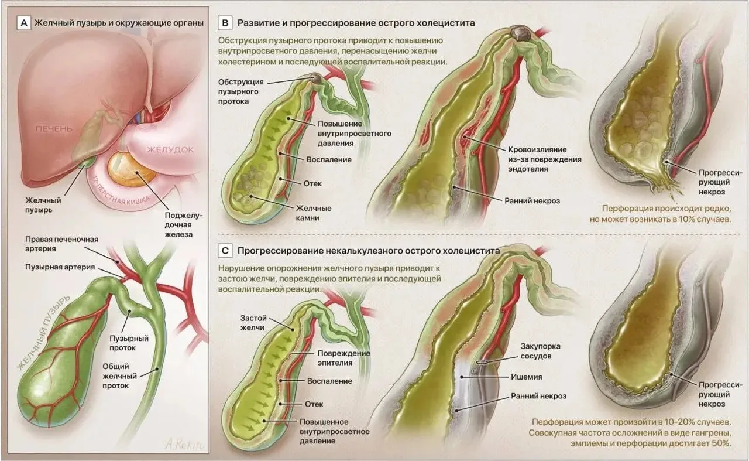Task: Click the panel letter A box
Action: pyautogui.click(x=24, y=23)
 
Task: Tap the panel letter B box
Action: pyautogui.click(x=225, y=23)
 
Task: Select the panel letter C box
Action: pyautogui.click(x=225, y=251)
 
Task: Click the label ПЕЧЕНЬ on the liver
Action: pyautogui.click(x=54, y=129)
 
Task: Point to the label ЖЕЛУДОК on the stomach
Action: pyautogui.click(x=170, y=149)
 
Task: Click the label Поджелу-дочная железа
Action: pyautogui.click(x=184, y=224)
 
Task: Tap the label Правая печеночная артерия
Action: pyautogui.click(x=61, y=244)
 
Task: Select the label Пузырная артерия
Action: pyautogui.click(x=60, y=267)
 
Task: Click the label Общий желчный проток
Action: pyautogui.click(x=120, y=376)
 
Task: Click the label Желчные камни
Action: pyautogui.click(x=313, y=213)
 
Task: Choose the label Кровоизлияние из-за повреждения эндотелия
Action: pyautogui.click(x=545, y=159)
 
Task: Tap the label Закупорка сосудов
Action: pyautogui.click(x=540, y=351)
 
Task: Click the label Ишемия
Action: pyautogui.click(x=526, y=377)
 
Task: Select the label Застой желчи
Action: pyautogui.click(x=253, y=323)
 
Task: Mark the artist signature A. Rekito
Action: pyautogui.click(x=184, y=445)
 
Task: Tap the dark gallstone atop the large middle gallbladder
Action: pyautogui.click(x=520, y=33)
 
